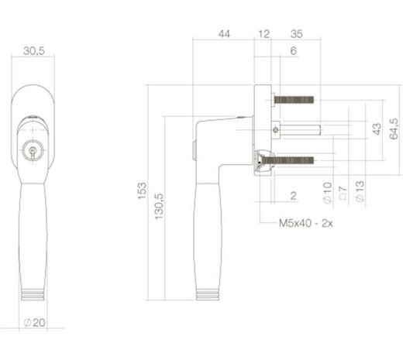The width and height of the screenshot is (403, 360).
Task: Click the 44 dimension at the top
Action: coord(225,34)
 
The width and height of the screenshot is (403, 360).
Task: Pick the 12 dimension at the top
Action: coord(264,34)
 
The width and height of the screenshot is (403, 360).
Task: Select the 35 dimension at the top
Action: coord(296,34)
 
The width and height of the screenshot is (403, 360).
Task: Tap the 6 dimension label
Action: coord(294,50)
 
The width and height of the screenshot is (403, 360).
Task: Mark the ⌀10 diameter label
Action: coord(326,192)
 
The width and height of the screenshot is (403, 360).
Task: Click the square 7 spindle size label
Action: coord(342,194)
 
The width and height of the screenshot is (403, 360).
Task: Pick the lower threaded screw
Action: coord(294,160)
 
